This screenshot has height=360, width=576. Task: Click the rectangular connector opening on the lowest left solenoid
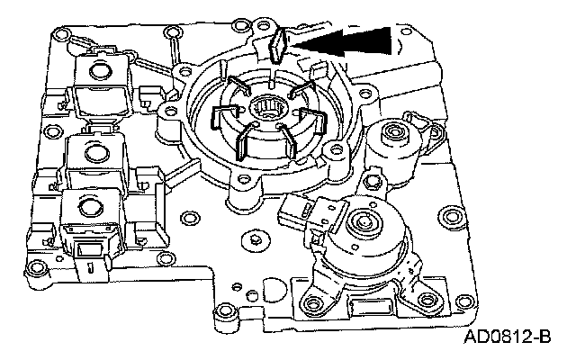click(x=88, y=251)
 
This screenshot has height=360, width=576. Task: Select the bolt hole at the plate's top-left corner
click(x=61, y=39)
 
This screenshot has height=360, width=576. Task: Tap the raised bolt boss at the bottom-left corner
click(x=37, y=268)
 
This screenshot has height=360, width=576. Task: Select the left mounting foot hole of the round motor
click(x=314, y=301)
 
